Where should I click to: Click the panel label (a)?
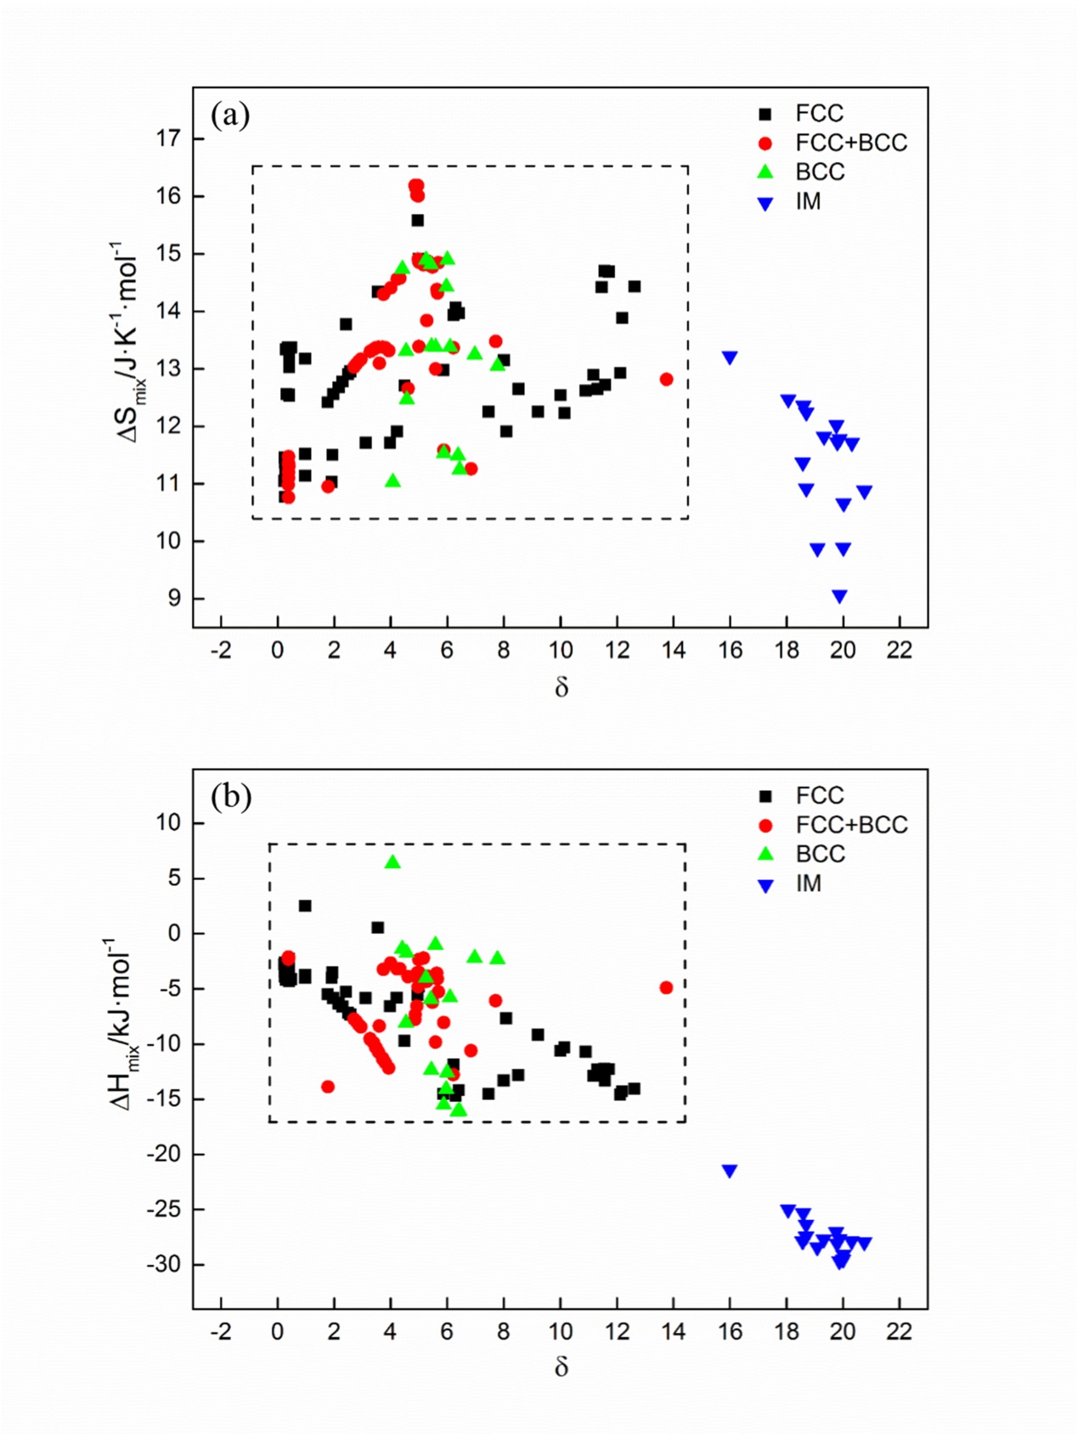pyautogui.click(x=230, y=114)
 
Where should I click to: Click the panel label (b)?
pyautogui.click(x=231, y=796)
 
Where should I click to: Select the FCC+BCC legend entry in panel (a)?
pyautogui.click(x=850, y=143)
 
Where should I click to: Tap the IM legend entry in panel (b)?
pyautogui.click(x=808, y=884)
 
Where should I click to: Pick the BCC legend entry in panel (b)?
pyautogui.click(x=820, y=854)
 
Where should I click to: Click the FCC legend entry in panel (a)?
pyautogui.click(x=819, y=114)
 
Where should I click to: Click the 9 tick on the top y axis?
pyautogui.click(x=174, y=598)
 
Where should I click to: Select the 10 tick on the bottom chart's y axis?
pyautogui.click(x=168, y=822)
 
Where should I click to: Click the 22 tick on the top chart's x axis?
pyautogui.click(x=899, y=651)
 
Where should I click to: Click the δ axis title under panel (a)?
pyautogui.click(x=561, y=687)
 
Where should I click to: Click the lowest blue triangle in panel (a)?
pyautogui.click(x=839, y=597)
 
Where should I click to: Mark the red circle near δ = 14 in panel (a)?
pyautogui.click(x=666, y=379)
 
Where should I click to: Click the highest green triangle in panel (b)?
pyautogui.click(x=392, y=862)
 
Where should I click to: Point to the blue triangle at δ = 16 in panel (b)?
pyautogui.click(x=729, y=1171)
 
